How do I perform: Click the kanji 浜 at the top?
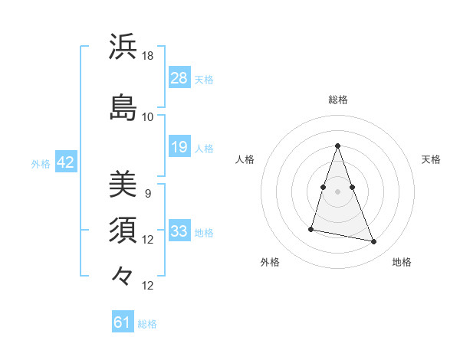[x=123, y=47]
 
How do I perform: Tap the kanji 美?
[x=123, y=183]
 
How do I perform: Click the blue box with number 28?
[x=179, y=77]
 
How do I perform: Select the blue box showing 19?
[x=179, y=147]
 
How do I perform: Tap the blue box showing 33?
[x=179, y=231]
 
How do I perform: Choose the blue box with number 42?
[x=65, y=162]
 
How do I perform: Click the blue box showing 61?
[x=123, y=322]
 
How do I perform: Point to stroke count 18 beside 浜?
[x=148, y=56]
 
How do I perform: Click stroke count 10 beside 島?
[x=148, y=116]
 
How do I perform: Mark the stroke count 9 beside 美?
[x=148, y=193]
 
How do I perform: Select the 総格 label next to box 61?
[x=147, y=324]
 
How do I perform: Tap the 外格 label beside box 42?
[x=41, y=163]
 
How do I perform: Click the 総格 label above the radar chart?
[x=337, y=100]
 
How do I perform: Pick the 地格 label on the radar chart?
[x=402, y=263]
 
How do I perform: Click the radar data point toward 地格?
[x=374, y=241]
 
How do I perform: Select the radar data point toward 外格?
[x=311, y=228]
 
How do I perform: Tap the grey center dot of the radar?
[x=337, y=191]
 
